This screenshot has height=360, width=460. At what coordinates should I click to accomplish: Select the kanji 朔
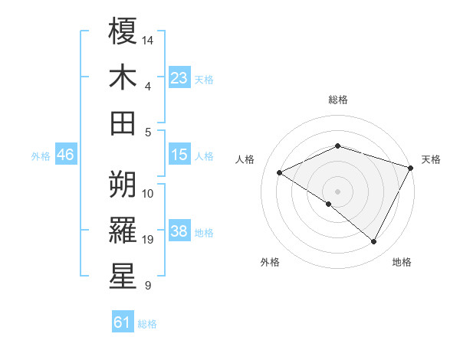click(x=123, y=184)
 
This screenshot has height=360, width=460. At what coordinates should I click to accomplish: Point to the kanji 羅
click(x=123, y=231)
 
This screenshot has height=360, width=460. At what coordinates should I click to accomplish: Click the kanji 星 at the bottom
click(x=123, y=277)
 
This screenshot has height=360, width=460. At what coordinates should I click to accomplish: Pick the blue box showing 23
click(x=179, y=78)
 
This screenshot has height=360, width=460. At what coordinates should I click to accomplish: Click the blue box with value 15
click(x=179, y=155)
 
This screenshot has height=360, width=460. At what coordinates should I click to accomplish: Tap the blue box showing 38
click(x=179, y=232)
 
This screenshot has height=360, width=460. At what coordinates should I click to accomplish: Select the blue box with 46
click(x=66, y=155)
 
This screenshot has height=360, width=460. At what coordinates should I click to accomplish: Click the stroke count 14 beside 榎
click(x=148, y=39)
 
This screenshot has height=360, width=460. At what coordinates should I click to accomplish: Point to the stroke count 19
click(x=148, y=241)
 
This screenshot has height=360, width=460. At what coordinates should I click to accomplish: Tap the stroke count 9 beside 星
click(x=148, y=286)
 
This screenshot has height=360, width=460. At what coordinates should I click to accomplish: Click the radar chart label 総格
click(x=337, y=100)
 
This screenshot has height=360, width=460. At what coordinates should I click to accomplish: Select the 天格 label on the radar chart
click(x=431, y=159)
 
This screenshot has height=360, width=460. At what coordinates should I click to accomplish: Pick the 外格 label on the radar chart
click(x=269, y=262)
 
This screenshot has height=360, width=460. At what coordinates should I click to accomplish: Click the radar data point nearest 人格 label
click(x=280, y=172)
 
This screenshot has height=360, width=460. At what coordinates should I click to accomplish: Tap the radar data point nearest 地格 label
click(x=374, y=241)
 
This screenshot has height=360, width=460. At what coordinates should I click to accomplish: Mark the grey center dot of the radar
click(x=337, y=191)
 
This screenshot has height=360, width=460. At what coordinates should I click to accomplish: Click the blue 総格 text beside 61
click(x=147, y=324)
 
